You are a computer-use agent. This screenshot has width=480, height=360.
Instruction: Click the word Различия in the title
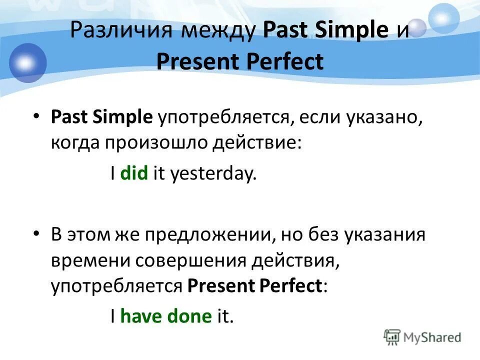tap(121, 30)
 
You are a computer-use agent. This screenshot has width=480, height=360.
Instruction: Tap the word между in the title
tap(218, 31)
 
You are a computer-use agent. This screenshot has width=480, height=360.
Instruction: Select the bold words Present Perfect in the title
tap(240, 61)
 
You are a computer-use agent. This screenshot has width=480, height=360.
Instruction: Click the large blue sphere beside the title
tap(27, 63)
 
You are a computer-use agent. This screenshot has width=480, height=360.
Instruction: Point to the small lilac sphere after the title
tap(417, 28)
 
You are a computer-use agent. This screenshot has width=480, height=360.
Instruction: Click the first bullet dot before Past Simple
tap(36, 116)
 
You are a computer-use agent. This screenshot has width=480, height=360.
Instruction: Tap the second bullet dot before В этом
tap(36, 234)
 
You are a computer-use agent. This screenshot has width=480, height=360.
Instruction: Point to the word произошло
tap(156, 143)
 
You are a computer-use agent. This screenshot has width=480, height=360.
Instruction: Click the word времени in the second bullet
tap(90, 261)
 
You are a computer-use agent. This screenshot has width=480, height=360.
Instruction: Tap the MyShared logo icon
tap(392, 337)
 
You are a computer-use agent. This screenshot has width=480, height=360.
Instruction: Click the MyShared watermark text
tap(432, 337)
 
